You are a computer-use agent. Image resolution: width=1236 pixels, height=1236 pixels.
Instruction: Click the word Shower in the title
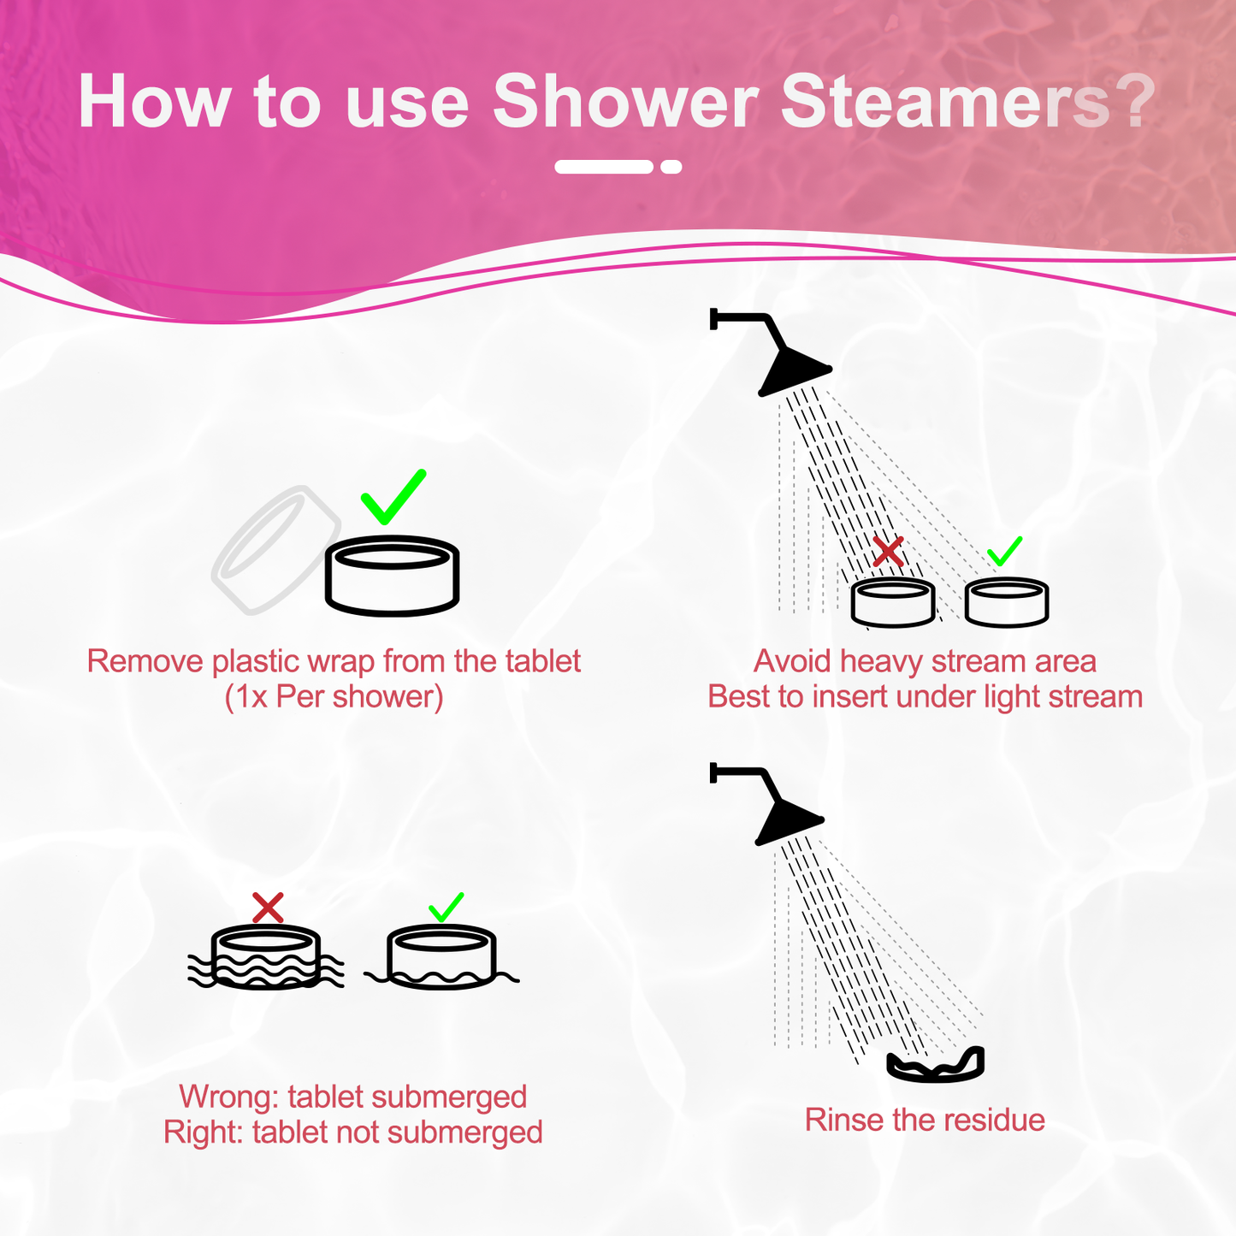(x=625, y=103)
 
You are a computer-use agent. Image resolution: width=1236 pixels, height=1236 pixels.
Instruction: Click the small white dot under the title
(x=671, y=167)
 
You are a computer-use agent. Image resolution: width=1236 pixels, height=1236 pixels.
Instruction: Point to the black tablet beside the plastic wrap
(x=392, y=576)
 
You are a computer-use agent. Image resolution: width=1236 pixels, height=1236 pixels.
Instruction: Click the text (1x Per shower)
(x=334, y=697)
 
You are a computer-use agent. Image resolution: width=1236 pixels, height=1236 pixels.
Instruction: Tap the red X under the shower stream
(x=888, y=553)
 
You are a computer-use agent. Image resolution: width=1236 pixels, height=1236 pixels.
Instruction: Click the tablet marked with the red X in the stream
(x=892, y=603)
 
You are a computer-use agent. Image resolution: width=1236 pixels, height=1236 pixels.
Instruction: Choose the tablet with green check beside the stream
(x=1006, y=602)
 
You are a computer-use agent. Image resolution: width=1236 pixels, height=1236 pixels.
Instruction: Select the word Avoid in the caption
(x=792, y=661)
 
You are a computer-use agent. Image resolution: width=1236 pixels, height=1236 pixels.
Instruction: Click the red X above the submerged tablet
(x=268, y=908)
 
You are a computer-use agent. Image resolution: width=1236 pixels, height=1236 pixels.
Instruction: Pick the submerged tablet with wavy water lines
(x=265, y=958)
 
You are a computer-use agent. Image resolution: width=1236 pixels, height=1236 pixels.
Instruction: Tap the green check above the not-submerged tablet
(x=446, y=908)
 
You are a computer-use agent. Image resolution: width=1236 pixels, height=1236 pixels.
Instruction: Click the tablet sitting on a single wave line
(x=441, y=958)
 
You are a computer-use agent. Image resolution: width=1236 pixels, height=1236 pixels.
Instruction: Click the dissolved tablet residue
(x=936, y=1066)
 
